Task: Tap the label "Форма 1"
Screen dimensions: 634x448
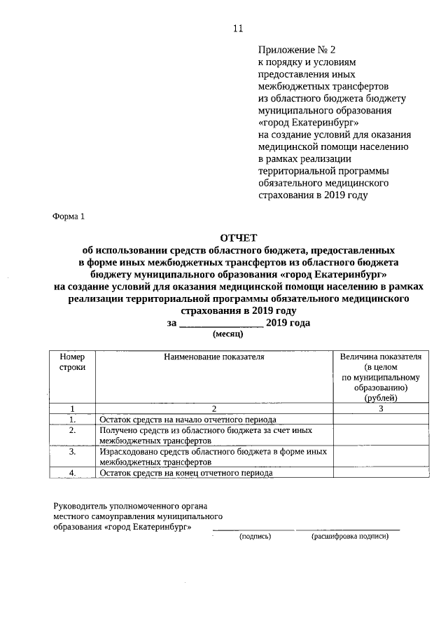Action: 69,216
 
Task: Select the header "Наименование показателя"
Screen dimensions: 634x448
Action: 213,357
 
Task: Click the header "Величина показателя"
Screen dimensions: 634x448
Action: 380,357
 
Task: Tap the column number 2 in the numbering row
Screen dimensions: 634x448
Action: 213,408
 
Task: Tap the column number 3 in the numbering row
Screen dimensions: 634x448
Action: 380,408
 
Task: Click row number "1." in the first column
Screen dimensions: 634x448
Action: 72,419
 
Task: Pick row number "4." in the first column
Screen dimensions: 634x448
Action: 72,473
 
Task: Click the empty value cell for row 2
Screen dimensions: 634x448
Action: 380,435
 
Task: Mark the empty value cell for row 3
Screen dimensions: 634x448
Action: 380,457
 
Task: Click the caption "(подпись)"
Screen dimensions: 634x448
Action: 255,537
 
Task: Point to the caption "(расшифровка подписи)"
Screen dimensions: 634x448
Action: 349,537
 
